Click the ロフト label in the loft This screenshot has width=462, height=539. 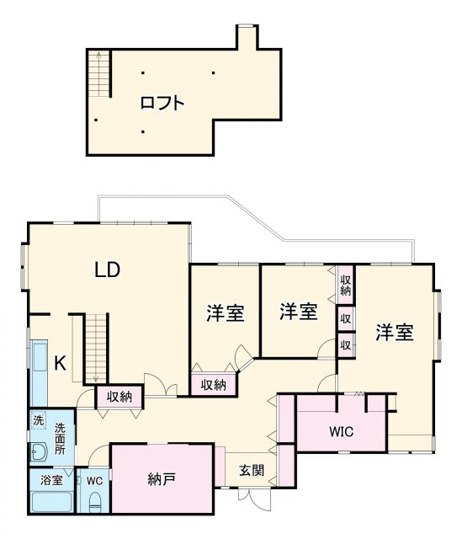pos(162,104)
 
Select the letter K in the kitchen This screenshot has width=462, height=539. pos(60,363)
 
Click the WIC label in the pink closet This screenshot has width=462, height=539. pos(341,432)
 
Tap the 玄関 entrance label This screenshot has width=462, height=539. pos(251,470)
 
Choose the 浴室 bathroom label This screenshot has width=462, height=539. pos(50,480)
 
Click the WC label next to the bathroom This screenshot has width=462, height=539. pos(94,480)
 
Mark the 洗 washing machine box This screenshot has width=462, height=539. pos(38,419)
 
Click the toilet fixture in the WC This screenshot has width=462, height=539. pos(94,503)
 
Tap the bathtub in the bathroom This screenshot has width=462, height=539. pos(50,503)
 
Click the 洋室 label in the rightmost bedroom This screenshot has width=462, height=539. pos(394,332)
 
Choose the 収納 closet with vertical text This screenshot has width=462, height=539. pos(345,285)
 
